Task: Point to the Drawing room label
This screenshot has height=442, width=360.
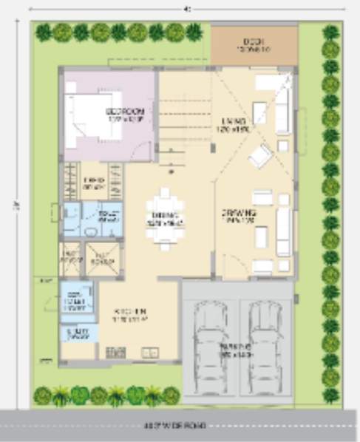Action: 239,216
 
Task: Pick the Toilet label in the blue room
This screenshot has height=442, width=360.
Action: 109,216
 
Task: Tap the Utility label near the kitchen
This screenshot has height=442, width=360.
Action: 79,333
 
